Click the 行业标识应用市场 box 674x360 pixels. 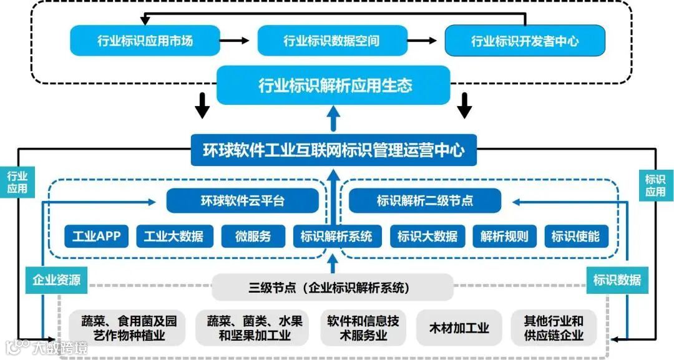point(145,41)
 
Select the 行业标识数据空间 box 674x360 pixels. point(331,41)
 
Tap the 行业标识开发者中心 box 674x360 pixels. point(525,41)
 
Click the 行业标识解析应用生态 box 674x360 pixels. point(334,85)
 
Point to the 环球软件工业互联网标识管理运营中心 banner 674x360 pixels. point(334,150)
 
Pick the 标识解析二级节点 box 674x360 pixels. point(425,201)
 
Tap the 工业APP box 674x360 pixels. point(96,237)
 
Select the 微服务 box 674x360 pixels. point(253,237)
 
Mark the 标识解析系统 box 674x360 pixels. point(336,237)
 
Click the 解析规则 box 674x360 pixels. point(504,237)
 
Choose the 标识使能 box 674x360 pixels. point(575,237)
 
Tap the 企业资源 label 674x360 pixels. point(56,280)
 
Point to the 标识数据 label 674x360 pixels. point(617,280)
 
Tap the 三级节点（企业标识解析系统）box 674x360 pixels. point(333,288)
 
